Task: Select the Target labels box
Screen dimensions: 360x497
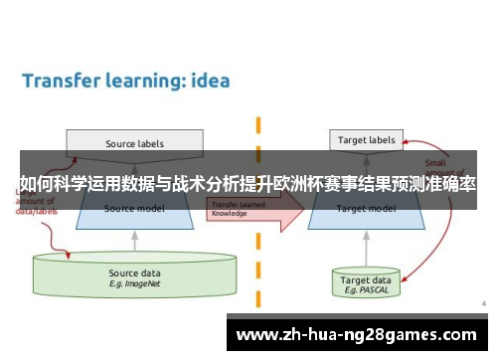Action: coord(365,141)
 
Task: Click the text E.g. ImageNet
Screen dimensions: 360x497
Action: coord(134,283)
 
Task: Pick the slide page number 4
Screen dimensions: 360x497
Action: coord(483,302)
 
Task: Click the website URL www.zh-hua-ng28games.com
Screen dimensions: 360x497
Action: coord(356,333)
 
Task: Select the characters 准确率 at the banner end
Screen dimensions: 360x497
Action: coord(451,184)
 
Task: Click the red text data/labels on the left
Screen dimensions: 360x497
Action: coord(38,212)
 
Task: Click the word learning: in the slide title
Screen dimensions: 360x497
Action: coord(140,82)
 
